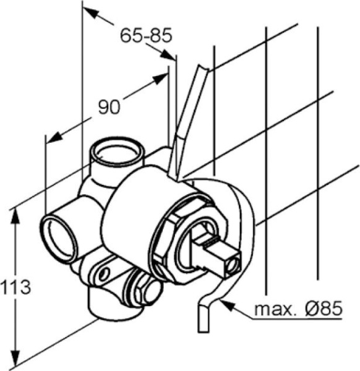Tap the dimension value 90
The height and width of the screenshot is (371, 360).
(x=109, y=107)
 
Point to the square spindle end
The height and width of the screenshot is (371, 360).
(x=223, y=255)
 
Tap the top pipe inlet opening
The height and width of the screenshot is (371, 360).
(x=117, y=150)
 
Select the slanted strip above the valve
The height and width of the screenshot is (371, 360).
(x=189, y=117)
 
